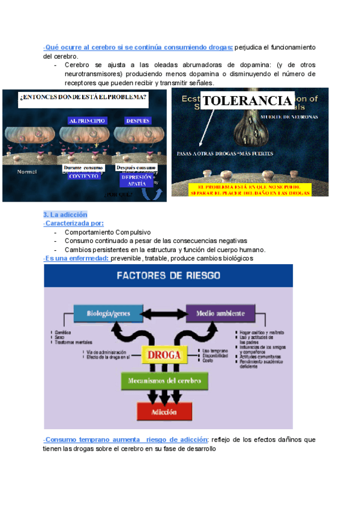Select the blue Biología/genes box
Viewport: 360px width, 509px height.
tap(108, 313)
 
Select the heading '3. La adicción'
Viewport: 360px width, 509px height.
tap(65, 214)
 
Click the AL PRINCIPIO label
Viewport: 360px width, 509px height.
tap(87, 121)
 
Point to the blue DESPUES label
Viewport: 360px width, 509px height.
tap(137, 121)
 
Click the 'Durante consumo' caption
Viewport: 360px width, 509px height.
tap(83, 167)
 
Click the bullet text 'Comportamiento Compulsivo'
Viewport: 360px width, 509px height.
tap(107, 232)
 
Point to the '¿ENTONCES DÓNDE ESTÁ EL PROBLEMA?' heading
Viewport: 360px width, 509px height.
tap(83, 97)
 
